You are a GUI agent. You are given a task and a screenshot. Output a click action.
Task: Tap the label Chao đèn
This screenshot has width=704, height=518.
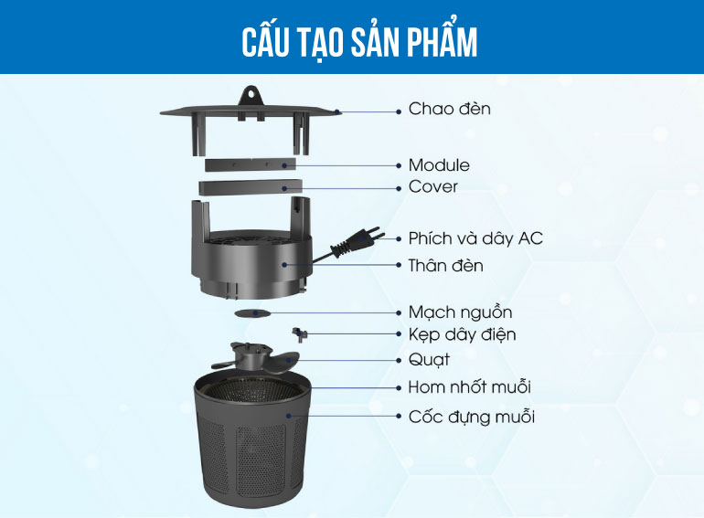450,109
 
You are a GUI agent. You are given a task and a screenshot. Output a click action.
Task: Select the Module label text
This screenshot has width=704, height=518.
439,165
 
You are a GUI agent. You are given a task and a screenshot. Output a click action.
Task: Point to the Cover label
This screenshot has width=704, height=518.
433,186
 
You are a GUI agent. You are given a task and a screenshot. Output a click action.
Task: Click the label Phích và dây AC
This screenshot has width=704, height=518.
475,238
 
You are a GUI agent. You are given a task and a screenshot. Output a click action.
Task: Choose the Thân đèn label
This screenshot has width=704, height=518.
446,266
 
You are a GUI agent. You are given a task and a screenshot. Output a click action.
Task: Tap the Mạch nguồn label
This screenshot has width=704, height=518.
460,312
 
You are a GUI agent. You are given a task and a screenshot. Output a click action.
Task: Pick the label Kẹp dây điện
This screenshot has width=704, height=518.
462,334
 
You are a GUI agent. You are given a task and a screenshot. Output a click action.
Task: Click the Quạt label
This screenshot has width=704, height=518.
429,360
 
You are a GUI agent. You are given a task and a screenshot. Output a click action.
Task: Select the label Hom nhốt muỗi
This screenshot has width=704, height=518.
470,387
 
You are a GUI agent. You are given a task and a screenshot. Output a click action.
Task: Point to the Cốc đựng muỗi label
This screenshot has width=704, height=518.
472,417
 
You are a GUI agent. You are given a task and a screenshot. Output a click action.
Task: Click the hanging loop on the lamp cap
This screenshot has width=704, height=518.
251,95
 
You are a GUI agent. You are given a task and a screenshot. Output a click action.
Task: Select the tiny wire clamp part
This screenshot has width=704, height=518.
300,333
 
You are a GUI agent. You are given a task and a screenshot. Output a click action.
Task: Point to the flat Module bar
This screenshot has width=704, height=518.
251,164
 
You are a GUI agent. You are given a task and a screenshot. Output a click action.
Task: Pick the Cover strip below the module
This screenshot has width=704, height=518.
251,187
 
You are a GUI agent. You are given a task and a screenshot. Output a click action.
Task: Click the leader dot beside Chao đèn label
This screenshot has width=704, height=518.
399,111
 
